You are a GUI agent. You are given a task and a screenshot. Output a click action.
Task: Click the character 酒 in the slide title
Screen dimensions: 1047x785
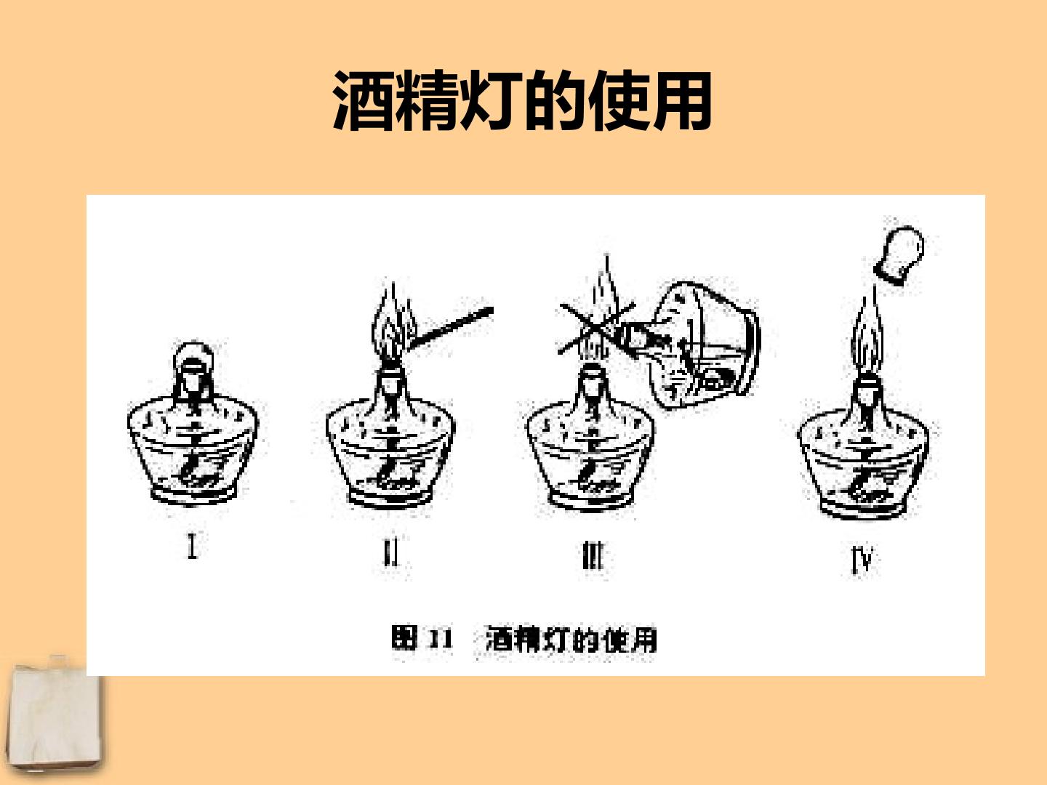pyautogui.click(x=364, y=100)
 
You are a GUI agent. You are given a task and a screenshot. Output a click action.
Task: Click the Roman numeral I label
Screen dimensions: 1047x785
pyautogui.click(x=192, y=544)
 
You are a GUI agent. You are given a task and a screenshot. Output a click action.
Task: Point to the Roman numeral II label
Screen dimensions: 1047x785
pyautogui.click(x=390, y=552)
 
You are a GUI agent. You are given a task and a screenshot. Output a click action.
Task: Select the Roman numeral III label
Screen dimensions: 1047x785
pyautogui.click(x=593, y=556)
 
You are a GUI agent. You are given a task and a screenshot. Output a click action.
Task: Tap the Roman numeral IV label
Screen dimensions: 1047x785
pyautogui.click(x=862, y=560)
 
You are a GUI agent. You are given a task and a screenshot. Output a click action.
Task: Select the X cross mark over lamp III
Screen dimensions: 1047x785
pyautogui.click(x=597, y=328)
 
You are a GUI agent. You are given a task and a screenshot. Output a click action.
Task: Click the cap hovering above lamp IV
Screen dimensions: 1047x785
pyautogui.click(x=899, y=255)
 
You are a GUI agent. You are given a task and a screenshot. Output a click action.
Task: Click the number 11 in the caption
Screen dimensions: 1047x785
pyautogui.click(x=441, y=639)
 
